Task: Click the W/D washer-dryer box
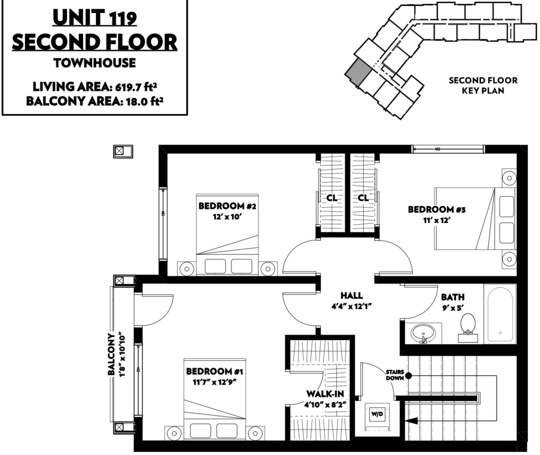click(x=377, y=416)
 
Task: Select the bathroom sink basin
click(x=423, y=334)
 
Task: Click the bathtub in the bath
click(x=500, y=314)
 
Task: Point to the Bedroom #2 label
click(x=227, y=206)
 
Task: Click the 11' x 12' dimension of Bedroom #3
click(x=437, y=220)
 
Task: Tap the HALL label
click(x=351, y=295)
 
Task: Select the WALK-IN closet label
click(x=325, y=394)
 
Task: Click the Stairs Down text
click(x=395, y=375)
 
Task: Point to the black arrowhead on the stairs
click(x=411, y=421)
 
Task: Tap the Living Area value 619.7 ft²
click(x=136, y=87)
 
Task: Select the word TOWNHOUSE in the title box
click(x=94, y=63)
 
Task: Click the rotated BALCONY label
click(x=111, y=354)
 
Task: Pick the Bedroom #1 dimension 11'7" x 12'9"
click(x=215, y=382)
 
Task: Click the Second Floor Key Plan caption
click(x=483, y=86)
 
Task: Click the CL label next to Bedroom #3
click(x=363, y=198)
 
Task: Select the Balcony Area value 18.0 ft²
click(x=144, y=101)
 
